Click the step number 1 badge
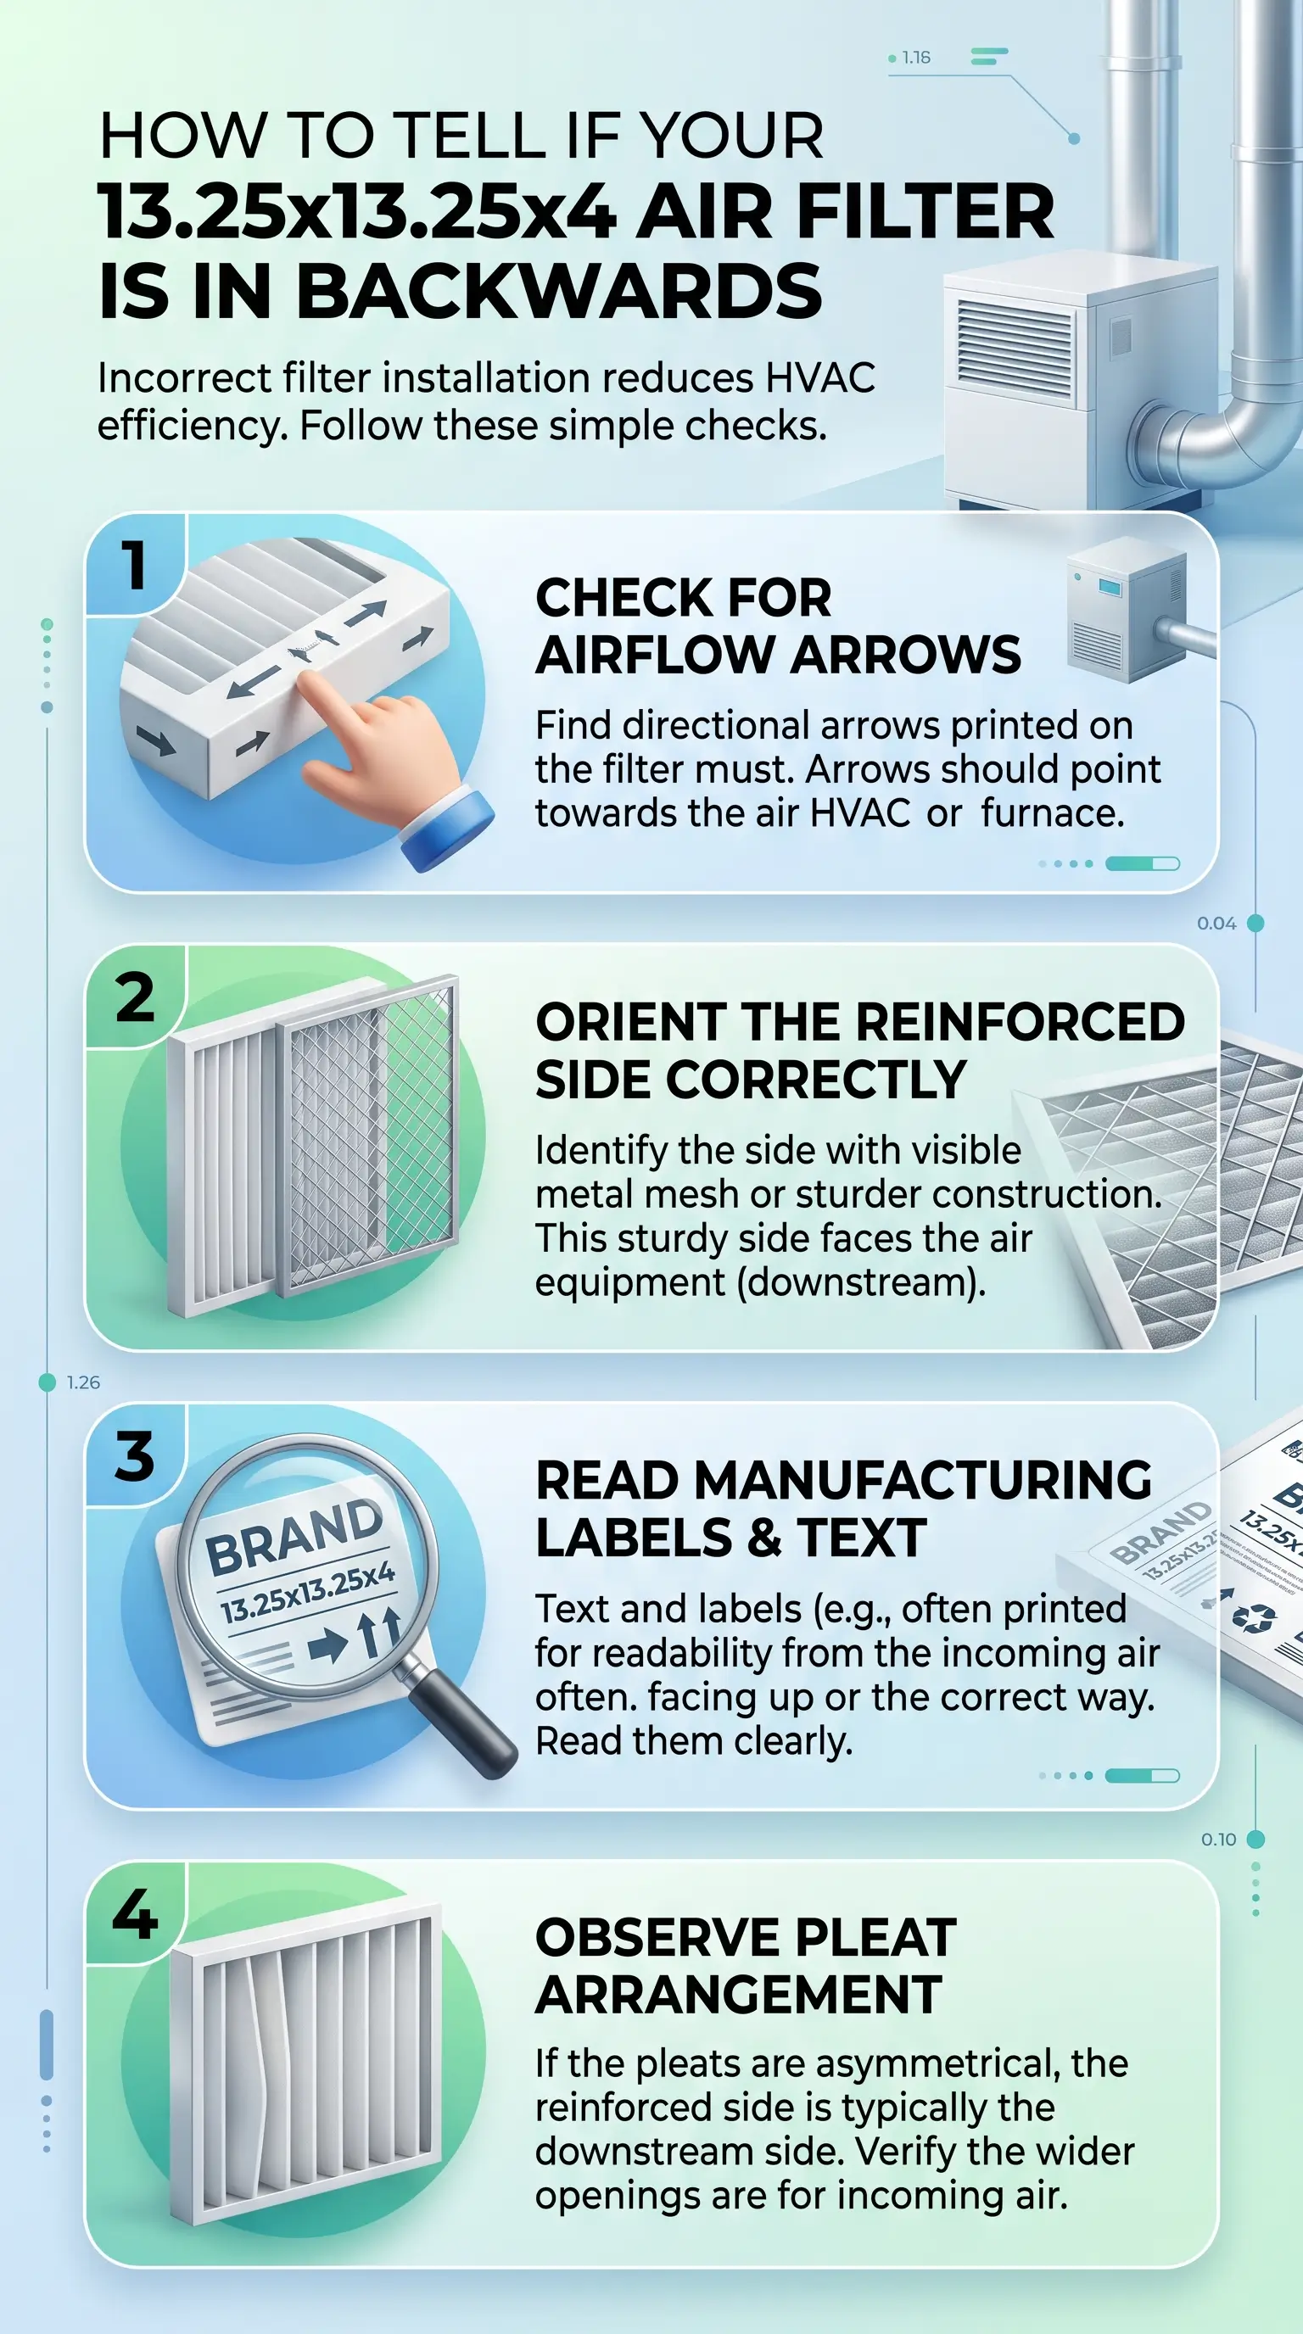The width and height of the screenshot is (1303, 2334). [134, 565]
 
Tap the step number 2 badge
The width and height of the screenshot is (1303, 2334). [135, 997]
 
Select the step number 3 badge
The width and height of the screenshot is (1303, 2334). [135, 1456]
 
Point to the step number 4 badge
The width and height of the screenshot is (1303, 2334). [135, 1913]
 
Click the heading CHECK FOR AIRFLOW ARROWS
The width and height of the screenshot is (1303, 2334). [777, 626]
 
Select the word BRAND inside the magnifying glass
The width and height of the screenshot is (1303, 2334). [294, 1535]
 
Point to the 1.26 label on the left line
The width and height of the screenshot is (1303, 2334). [83, 1382]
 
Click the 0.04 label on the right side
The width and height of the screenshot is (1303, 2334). [1216, 924]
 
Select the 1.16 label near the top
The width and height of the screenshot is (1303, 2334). [916, 57]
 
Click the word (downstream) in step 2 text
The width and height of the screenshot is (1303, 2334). [861, 1283]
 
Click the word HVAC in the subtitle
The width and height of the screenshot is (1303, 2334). [820, 377]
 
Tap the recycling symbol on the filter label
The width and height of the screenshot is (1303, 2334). [1254, 1617]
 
